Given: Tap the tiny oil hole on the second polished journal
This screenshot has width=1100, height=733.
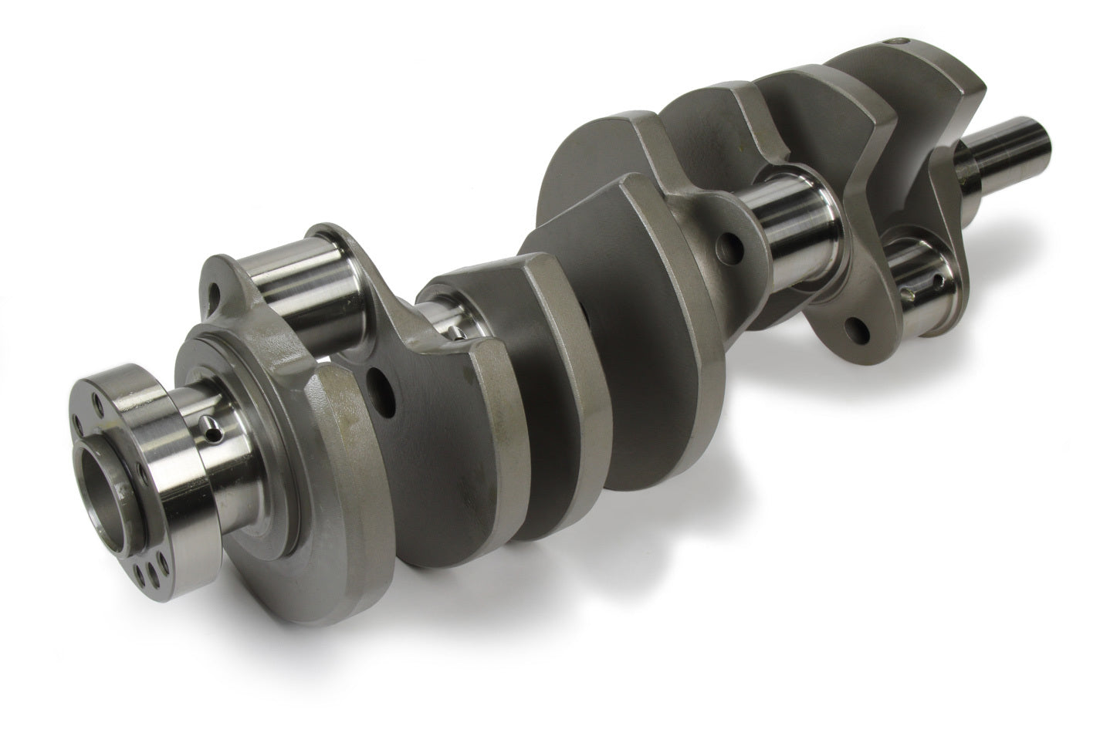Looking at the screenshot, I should point(457,332).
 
